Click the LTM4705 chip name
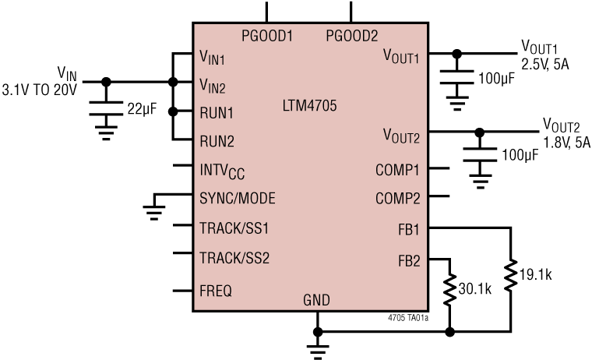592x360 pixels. tap(309, 104)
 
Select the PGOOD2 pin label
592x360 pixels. tap(351, 35)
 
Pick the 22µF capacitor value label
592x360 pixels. tap(142, 108)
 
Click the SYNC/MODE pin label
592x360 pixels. tap(238, 198)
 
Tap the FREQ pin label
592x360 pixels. tap(216, 290)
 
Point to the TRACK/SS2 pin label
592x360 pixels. tap(234, 257)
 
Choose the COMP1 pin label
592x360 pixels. tap(397, 169)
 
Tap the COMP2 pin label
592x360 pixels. tap(397, 198)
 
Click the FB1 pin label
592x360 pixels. tap(407, 229)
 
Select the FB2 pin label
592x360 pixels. tap(407, 260)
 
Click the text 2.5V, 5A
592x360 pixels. tap(545, 65)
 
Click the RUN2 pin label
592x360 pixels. tap(217, 142)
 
